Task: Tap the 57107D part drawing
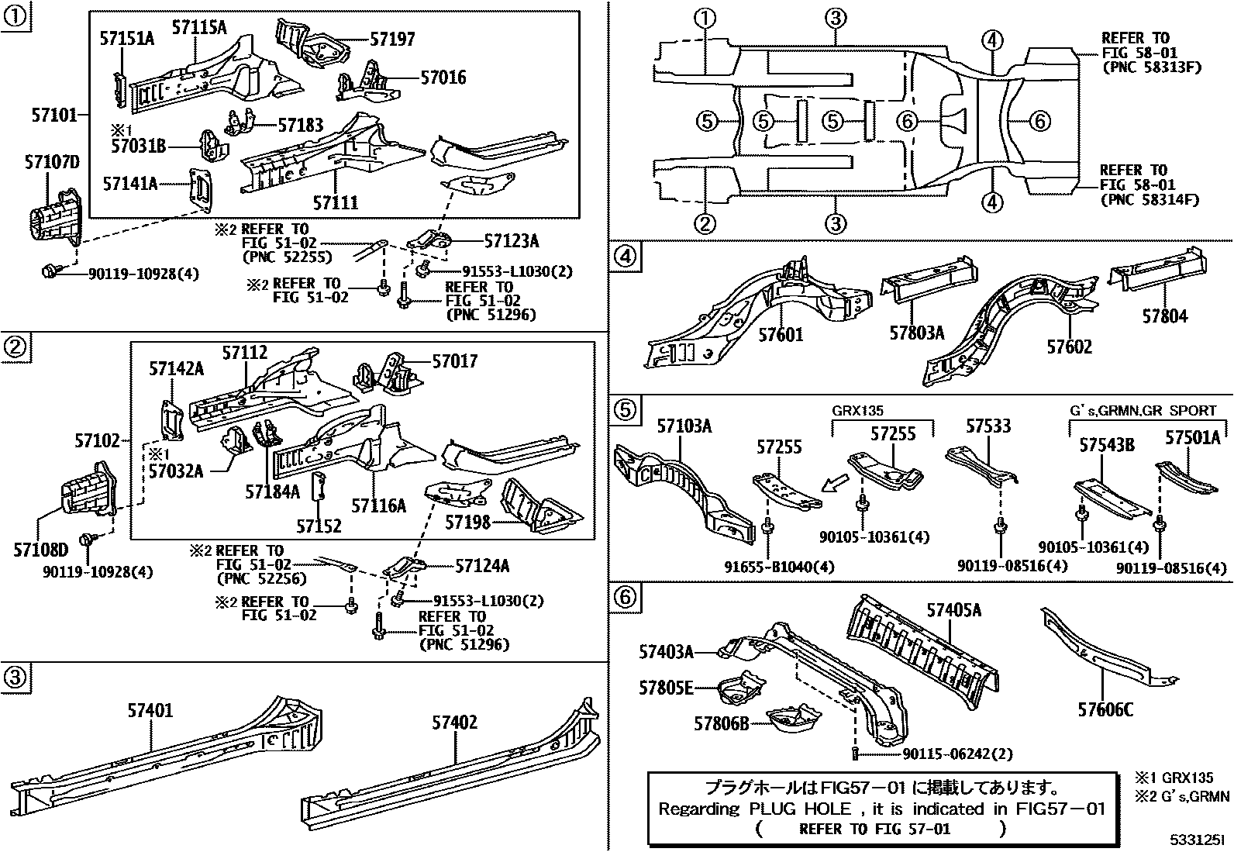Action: click(56, 213)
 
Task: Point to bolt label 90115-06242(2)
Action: click(957, 754)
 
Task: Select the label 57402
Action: click(454, 723)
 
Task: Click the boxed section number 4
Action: click(627, 256)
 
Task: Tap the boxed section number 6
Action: click(627, 597)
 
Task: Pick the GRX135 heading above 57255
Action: click(857, 412)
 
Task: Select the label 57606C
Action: click(1105, 709)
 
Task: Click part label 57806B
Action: click(721, 723)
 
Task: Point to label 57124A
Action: click(481, 566)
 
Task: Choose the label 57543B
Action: click(1107, 445)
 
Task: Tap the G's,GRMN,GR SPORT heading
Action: click(1143, 411)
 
